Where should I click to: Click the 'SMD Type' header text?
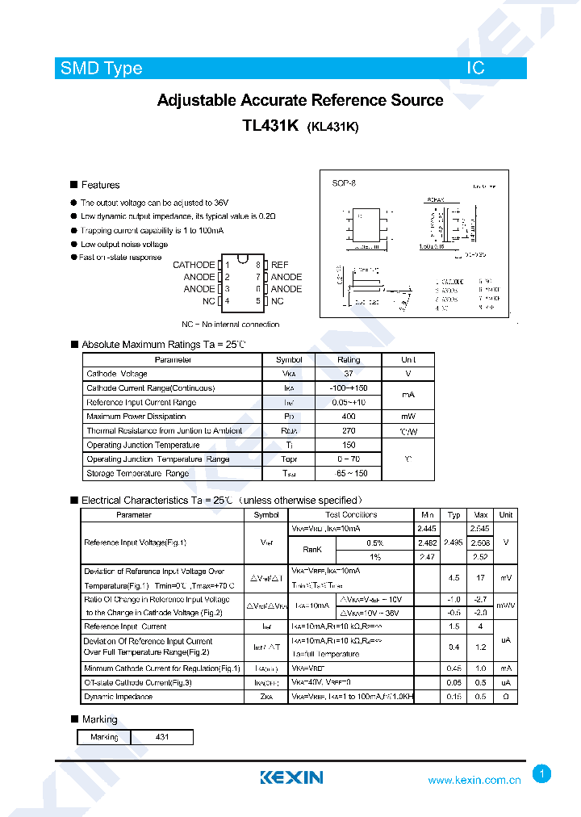coord(101,69)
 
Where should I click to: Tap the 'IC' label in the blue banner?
coord(475,69)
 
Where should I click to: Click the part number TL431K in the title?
coord(270,126)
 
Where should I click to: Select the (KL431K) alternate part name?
coord(332,127)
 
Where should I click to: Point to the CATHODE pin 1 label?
coord(194,265)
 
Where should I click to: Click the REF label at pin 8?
coord(279,265)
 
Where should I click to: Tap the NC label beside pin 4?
coord(209,301)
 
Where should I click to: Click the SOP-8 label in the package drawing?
coord(344,183)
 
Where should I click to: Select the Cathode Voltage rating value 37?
coord(349,374)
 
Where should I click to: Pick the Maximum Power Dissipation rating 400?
coord(349,417)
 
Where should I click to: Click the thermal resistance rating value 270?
coord(349,431)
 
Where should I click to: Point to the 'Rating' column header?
coord(349,360)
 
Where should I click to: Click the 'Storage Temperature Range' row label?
coord(137,473)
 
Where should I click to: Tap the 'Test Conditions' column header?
coord(351,514)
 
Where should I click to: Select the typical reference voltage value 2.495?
coord(454,543)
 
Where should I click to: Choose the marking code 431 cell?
coord(162,737)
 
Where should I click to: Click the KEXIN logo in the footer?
coord(291,777)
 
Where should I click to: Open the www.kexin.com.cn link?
coord(474,781)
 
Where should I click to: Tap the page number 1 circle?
coord(542,774)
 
